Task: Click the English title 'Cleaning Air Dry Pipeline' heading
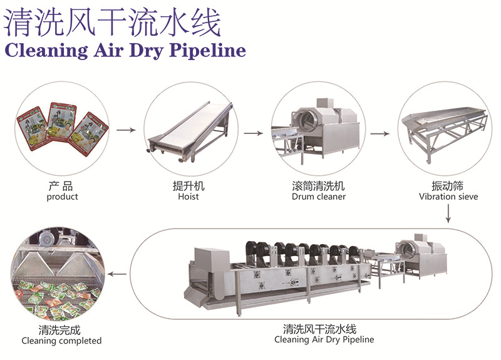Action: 125,50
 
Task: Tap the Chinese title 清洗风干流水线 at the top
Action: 113,23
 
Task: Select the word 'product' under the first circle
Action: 62,197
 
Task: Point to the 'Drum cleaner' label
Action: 318,197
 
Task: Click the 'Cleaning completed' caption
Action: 61,341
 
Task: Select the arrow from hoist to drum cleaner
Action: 253,133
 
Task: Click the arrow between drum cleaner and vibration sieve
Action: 379,133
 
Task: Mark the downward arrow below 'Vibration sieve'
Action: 448,214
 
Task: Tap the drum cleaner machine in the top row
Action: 319,128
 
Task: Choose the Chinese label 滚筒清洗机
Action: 318,187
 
